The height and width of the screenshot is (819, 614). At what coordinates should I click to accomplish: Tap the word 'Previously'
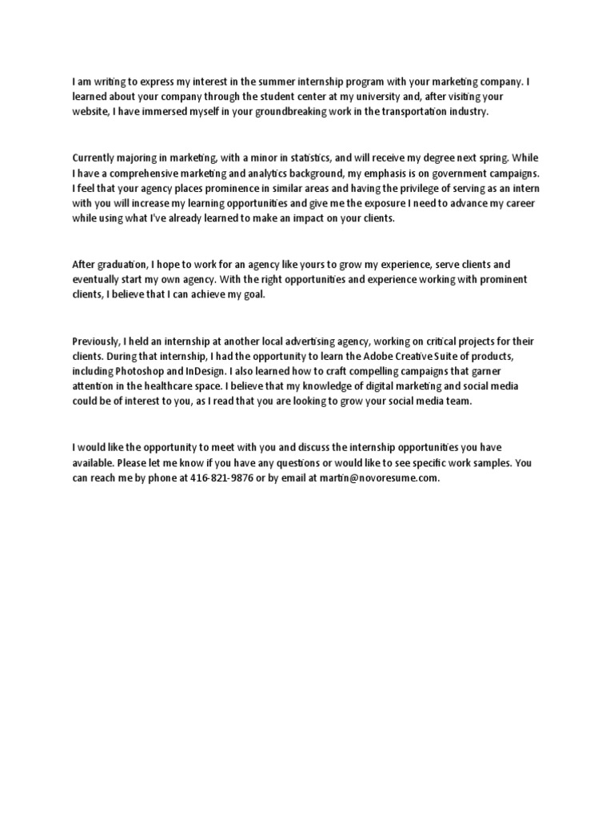point(96,342)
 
